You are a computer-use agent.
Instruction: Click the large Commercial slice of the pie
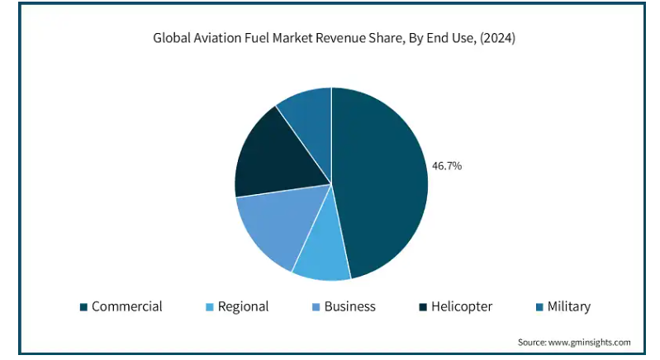click(380, 182)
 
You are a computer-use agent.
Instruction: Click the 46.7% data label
click(447, 166)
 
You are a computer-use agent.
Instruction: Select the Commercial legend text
click(126, 306)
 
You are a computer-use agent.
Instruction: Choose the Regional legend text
click(243, 306)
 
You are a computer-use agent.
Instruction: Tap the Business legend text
click(349, 306)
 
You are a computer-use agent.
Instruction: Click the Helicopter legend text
click(462, 306)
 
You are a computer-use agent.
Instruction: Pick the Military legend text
click(568, 306)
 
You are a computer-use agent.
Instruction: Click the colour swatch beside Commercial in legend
click(83, 307)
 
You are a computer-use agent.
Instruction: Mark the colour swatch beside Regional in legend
click(210, 307)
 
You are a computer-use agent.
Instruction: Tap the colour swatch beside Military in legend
click(539, 307)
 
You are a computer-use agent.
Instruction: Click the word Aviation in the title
click(216, 38)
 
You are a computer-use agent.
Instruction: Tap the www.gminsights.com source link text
click(591, 342)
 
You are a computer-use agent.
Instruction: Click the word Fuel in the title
click(255, 38)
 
